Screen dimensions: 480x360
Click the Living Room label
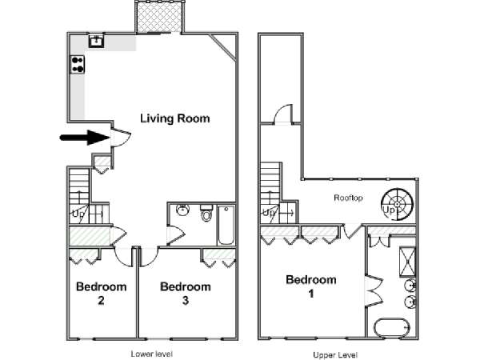point(174,118)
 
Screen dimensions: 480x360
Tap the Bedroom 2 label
point(102,294)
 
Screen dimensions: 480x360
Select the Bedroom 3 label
point(186,294)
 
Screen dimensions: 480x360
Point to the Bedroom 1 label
point(311,286)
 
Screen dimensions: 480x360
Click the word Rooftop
point(348,198)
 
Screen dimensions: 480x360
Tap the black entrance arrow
point(85,138)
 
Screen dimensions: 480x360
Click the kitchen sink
point(97,41)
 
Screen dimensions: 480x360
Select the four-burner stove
point(78,64)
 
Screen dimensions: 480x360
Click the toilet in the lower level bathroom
point(206,213)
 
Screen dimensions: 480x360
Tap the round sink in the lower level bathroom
point(183,210)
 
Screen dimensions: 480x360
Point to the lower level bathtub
point(226,225)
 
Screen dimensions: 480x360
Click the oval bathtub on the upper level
point(392,328)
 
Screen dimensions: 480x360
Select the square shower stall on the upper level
point(408,262)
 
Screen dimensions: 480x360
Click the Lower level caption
point(152,354)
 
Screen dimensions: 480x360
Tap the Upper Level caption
point(335,355)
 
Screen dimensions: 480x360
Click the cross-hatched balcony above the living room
point(159,16)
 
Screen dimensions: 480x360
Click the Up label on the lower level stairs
point(78,214)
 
